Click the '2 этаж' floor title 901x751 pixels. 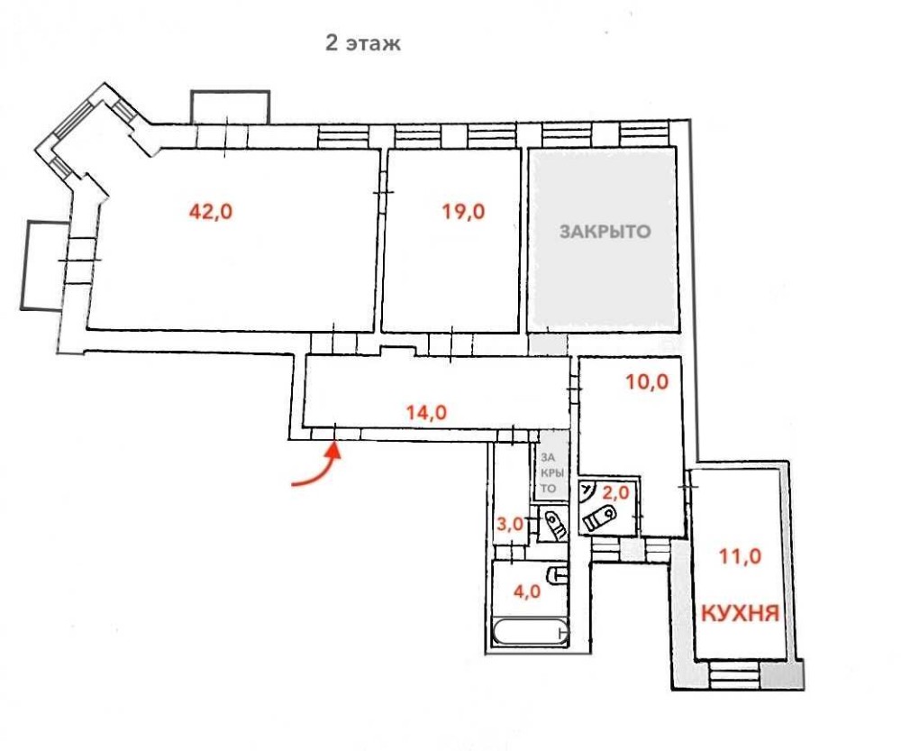coord(362,43)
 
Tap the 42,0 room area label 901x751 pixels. coord(211,212)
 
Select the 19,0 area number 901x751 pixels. coord(463,212)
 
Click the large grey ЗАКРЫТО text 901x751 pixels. coord(605,231)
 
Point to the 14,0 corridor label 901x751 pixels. coord(426,412)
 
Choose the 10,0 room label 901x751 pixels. coord(647,381)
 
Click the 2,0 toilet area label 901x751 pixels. coord(615,492)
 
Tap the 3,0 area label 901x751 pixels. coord(510,524)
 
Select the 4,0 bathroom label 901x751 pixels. coord(526,591)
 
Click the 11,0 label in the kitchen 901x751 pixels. coord(740,556)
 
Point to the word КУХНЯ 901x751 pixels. coord(740,614)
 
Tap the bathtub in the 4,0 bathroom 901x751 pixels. coord(531,632)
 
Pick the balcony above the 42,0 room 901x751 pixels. coord(230,107)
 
